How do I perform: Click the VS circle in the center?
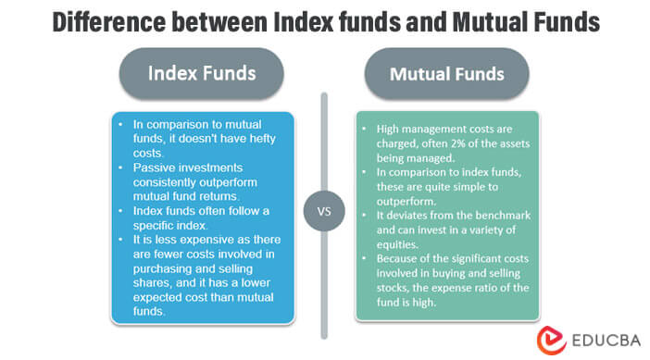tap(324, 211)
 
